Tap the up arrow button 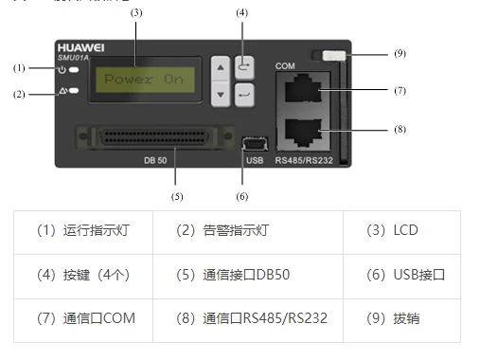coord(221,69)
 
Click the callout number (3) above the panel coord(136,12)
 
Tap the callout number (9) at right coord(400,54)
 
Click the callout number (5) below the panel coord(176,197)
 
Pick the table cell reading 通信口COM coord(83,318)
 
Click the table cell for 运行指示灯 coord(83,230)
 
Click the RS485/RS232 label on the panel coord(303,160)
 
